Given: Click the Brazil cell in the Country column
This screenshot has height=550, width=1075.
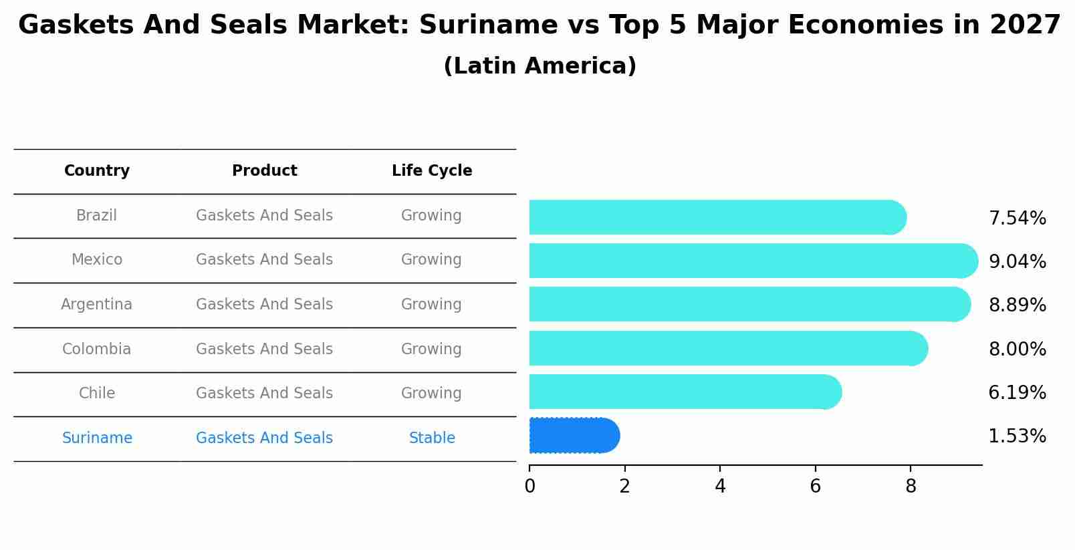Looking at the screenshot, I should click(x=96, y=216).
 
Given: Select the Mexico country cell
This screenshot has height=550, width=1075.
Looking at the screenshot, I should click(x=97, y=260).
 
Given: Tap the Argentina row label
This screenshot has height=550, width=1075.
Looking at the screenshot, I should click(x=96, y=305).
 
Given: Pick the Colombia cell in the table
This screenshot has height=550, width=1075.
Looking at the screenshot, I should click(x=96, y=350).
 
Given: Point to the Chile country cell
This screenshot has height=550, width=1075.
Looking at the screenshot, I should click(x=97, y=394).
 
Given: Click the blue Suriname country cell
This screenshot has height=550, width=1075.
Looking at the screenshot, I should click(x=97, y=438).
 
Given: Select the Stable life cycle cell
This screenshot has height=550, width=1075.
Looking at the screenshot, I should click(x=432, y=438).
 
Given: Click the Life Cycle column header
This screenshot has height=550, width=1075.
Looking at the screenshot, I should click(x=432, y=171).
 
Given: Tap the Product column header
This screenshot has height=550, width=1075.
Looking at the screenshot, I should click(x=264, y=171).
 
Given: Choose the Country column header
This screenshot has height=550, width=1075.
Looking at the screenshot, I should click(x=97, y=171).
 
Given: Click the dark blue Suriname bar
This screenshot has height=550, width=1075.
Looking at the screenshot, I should click(x=573, y=436).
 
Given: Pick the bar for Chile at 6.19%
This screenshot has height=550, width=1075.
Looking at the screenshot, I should click(x=682, y=392).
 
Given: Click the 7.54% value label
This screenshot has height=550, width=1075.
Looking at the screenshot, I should click(x=1017, y=219).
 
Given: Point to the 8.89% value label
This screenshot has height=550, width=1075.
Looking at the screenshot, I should click(x=1017, y=305).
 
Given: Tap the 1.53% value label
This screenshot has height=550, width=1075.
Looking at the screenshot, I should click(x=1017, y=436).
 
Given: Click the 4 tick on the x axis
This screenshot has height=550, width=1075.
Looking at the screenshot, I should click(x=720, y=487).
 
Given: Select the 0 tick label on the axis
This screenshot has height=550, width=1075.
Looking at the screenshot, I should click(x=529, y=487).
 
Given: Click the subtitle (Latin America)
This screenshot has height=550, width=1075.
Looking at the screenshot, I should click(x=540, y=66).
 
